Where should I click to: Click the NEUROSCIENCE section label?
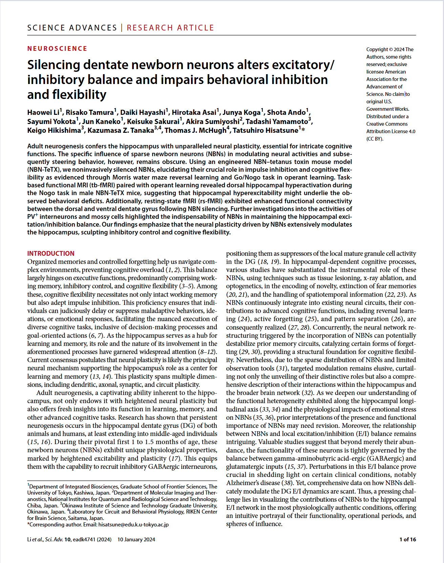(57, 48)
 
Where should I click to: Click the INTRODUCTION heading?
(51, 253)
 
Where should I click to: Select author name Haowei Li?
(43, 112)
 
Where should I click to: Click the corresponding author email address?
(133, 524)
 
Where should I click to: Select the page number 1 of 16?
(407, 539)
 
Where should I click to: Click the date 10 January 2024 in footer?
(136, 539)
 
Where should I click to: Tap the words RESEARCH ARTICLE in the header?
(170, 28)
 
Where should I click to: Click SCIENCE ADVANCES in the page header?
(72, 28)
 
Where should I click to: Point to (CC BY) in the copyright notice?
(375, 139)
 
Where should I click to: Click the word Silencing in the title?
(54, 65)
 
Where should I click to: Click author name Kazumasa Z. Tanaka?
(121, 130)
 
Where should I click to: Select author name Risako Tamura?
(89, 112)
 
